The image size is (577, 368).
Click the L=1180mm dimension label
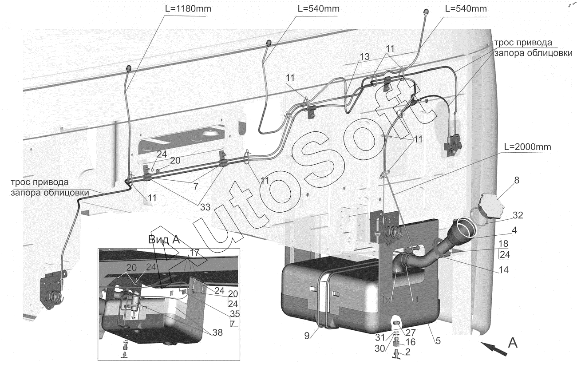pyautogui.click(x=188, y=9)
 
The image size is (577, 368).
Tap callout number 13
pyautogui.click(x=364, y=57)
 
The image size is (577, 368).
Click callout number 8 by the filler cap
pyautogui.click(x=517, y=180)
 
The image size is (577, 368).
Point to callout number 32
pyautogui.click(x=518, y=215)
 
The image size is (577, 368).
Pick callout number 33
pyautogui.click(x=206, y=207)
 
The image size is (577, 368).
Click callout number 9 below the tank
pyautogui.click(x=307, y=336)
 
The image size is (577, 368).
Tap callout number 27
pyautogui.click(x=411, y=332)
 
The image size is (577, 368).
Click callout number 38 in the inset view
pyautogui.click(x=217, y=332)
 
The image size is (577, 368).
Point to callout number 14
pyautogui.click(x=504, y=270)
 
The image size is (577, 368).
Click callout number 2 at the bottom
pyautogui.click(x=408, y=352)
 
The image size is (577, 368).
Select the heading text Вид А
pyautogui.click(x=164, y=240)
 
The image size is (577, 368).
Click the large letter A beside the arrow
pyautogui.click(x=513, y=343)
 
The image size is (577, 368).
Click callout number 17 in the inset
pyautogui.click(x=195, y=253)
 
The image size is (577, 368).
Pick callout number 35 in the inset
pyautogui.click(x=235, y=314)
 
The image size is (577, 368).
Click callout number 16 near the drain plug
pyautogui.click(x=411, y=342)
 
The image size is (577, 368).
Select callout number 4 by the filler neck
pyautogui.click(x=514, y=230)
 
